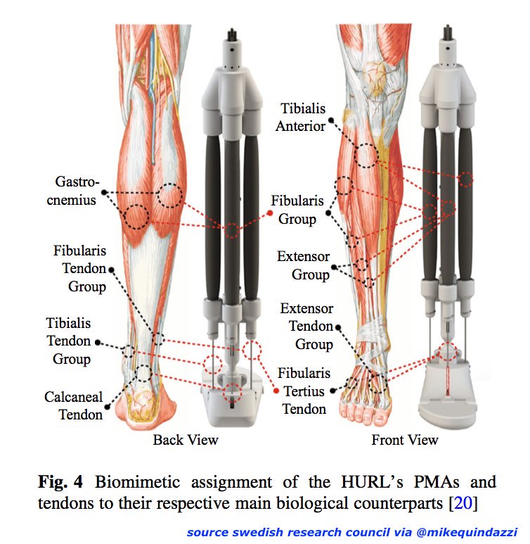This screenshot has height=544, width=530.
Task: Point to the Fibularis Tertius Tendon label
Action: click(x=304, y=391)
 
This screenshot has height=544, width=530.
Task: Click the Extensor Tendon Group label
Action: click(x=306, y=327)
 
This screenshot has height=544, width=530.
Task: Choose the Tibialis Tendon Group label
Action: click(x=68, y=341)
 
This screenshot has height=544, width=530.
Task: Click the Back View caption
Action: click(x=186, y=440)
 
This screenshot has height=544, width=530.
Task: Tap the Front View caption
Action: click(x=405, y=440)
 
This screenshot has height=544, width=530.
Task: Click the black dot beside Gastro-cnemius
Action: click(x=104, y=191)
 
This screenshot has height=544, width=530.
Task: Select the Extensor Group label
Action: click(x=303, y=265)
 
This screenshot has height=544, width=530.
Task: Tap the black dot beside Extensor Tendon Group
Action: click(x=339, y=327)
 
